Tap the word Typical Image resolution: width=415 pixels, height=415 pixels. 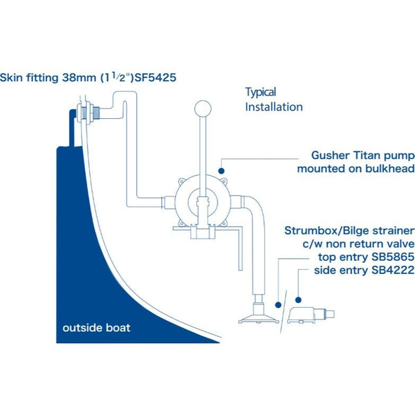tap(261, 92)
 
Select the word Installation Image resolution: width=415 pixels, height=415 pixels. tap(275, 107)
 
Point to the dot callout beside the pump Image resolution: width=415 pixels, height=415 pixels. tap(222, 169)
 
